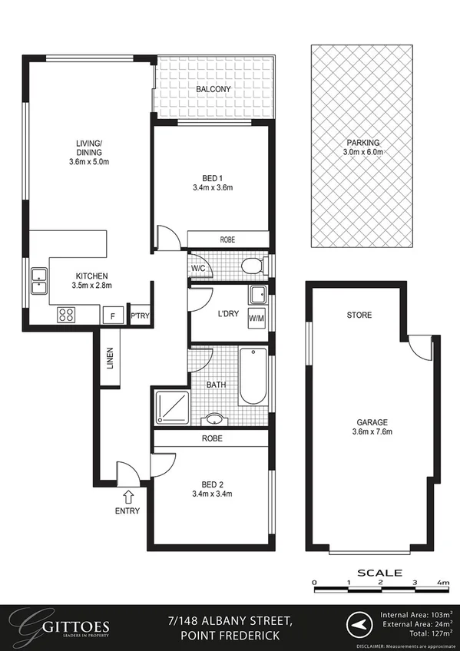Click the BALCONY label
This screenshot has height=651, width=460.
pos(213,90)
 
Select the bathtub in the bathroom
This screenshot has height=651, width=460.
pos(253,377)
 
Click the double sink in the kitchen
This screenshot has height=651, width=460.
pos(38,281)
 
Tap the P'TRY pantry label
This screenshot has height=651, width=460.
pos(139,316)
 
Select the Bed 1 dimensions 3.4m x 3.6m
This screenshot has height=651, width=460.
pos(212,187)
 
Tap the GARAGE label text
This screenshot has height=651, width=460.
pos(371,422)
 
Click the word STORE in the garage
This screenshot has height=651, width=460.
pos(359,315)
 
